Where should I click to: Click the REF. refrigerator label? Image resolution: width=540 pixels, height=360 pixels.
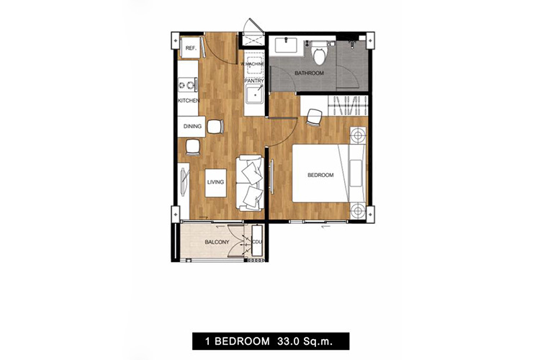(x=191, y=48)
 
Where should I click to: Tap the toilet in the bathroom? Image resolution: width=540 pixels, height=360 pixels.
(x=318, y=53)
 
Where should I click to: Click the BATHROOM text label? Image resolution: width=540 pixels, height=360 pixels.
(x=309, y=73)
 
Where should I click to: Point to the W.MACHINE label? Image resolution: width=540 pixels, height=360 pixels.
(x=253, y=64)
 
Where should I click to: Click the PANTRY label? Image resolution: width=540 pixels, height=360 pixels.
(x=254, y=81)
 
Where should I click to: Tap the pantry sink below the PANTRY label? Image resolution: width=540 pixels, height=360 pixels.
(x=254, y=94)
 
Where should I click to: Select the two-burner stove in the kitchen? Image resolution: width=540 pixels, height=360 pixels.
(x=188, y=84)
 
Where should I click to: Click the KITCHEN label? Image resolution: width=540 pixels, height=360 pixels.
(x=189, y=101)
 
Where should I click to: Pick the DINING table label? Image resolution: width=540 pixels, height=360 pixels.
(x=192, y=127)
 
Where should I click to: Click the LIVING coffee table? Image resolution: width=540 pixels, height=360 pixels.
(x=215, y=183)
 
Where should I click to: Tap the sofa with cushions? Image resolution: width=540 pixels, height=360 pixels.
(x=250, y=183)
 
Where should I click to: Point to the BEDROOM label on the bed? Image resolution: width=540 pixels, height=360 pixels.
(x=320, y=175)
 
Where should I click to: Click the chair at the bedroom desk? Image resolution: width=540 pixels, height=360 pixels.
(x=314, y=117)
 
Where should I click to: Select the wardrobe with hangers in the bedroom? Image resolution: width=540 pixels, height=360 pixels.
(x=348, y=106)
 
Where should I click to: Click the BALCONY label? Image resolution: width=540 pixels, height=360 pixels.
(x=217, y=242)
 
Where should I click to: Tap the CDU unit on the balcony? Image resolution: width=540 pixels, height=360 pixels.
(x=257, y=241)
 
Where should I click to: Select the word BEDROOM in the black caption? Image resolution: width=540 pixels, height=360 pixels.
(x=242, y=341)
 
